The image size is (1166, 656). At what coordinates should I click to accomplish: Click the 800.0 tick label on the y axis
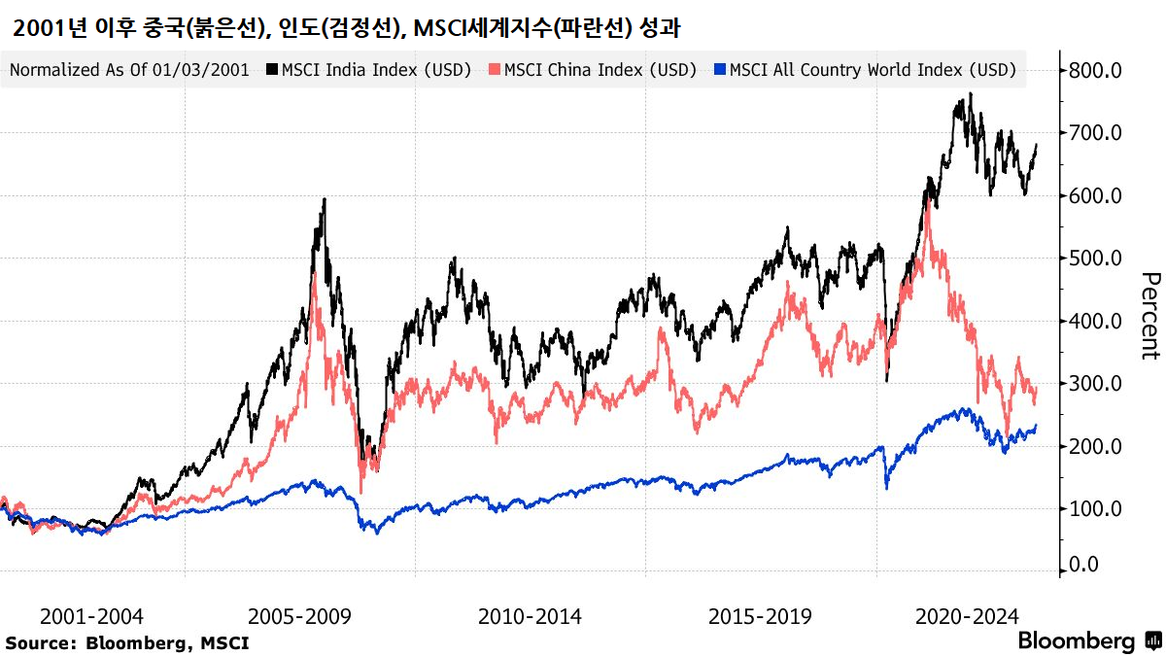1095,70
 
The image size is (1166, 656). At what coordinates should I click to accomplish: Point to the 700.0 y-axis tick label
1095,132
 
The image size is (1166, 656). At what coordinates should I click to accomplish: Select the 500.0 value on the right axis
1095,259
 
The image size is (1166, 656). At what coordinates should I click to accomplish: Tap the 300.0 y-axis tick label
1095,384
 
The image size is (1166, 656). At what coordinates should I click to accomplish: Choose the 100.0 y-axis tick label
1095,508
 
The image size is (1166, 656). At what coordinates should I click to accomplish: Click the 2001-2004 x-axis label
91,617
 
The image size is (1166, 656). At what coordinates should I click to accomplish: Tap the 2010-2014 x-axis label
530,617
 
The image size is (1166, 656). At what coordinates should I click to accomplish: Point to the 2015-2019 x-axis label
760,617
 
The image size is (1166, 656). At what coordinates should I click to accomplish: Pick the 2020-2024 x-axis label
966,617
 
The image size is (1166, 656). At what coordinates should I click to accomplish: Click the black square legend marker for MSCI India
273,70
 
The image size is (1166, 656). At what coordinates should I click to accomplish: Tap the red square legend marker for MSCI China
496,70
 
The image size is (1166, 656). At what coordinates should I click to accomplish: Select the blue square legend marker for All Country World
720,70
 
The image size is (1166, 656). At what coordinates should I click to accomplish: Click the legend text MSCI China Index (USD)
600,70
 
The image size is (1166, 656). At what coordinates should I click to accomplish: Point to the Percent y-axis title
1149,316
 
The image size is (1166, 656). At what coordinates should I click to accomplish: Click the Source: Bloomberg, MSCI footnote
127,642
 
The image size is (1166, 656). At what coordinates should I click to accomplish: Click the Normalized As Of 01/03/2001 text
129,70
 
